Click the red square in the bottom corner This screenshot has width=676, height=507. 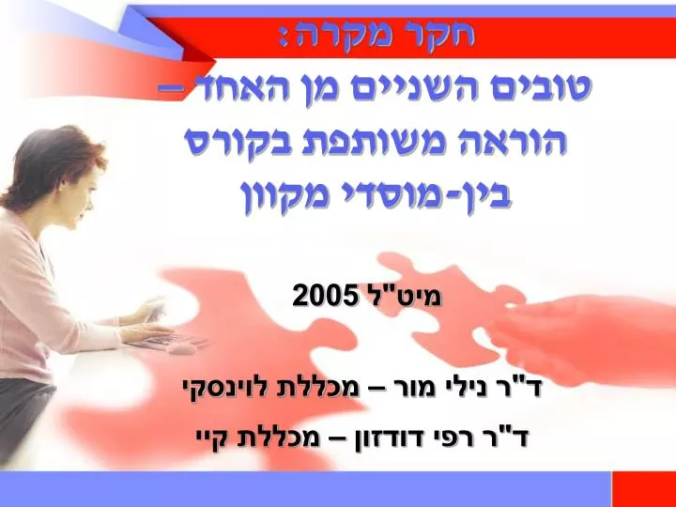(644, 489)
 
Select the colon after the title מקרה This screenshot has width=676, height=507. (284, 38)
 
